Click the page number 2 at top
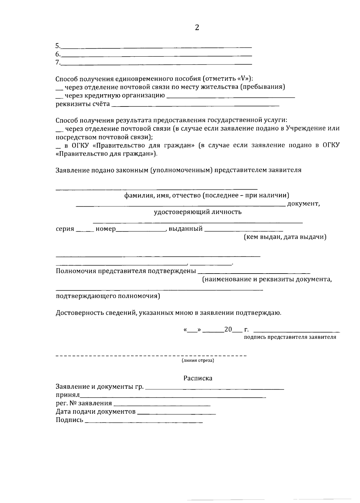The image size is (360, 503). tap(197, 28)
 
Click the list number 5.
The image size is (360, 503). tap(58, 46)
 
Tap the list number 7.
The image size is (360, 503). tap(58, 62)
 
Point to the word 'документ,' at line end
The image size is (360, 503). tap(304, 204)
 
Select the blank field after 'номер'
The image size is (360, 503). tap(140, 230)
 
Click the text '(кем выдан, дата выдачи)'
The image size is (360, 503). tap(285, 237)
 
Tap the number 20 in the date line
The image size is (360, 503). tap(228, 329)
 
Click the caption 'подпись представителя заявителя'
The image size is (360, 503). tap(290, 337)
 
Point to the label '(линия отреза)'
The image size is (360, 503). tap(198, 361)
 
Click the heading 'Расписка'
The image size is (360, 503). tap(198, 378)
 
